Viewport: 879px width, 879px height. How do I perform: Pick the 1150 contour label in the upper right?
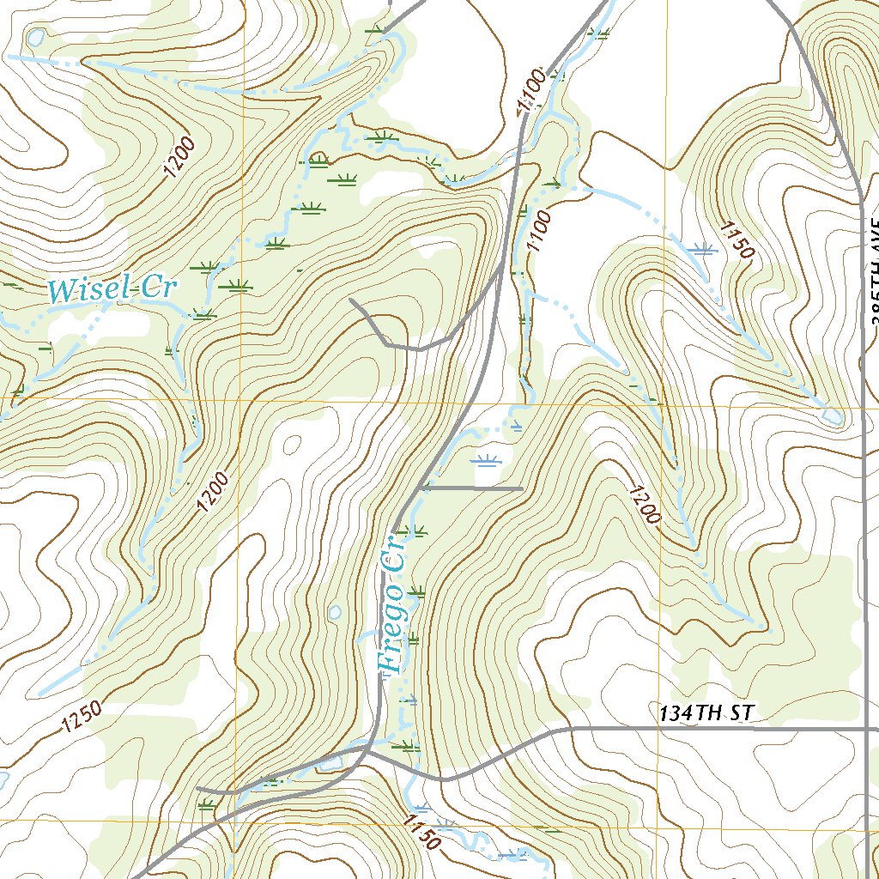(x=737, y=240)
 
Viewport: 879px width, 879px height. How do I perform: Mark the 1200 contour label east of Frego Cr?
(x=645, y=505)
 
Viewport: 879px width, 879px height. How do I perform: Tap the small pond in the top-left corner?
(x=36, y=37)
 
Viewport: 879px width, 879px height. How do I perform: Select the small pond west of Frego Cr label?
(x=335, y=613)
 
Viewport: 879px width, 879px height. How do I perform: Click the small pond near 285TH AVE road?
(x=831, y=416)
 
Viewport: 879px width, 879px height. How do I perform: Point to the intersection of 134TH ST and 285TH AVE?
(x=864, y=730)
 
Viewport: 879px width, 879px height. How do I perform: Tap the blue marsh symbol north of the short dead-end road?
(x=487, y=462)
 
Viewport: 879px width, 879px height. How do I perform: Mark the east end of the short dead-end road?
(x=522, y=488)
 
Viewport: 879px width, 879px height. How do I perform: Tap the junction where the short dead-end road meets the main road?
(x=422, y=488)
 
